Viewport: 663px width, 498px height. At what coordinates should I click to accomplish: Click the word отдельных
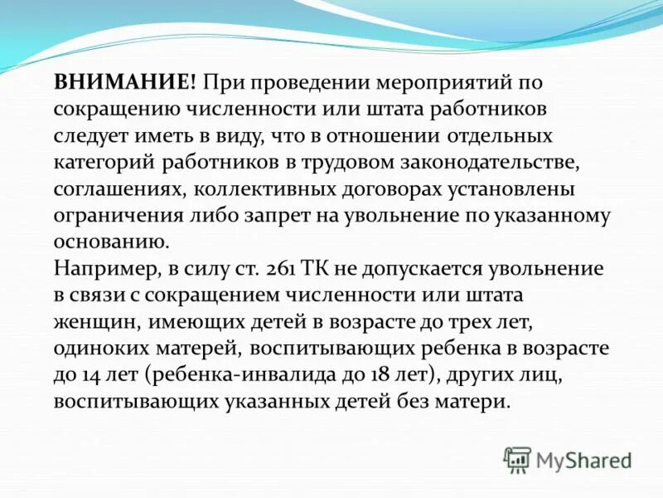[496, 136]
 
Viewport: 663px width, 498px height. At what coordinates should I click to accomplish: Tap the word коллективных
[269, 190]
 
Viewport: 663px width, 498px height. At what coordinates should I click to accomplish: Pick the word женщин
[89, 323]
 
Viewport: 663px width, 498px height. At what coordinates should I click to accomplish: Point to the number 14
[90, 376]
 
